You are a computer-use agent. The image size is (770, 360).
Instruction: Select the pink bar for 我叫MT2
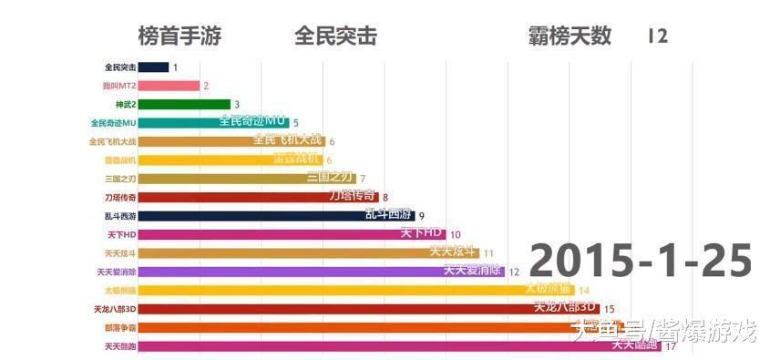pyautogui.click(x=171, y=86)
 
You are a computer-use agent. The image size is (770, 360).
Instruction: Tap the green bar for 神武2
pyautogui.click(x=187, y=104)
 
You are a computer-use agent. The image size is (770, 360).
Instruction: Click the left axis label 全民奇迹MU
pyautogui.click(x=114, y=123)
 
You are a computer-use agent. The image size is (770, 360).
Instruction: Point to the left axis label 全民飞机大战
pyautogui.click(x=112, y=141)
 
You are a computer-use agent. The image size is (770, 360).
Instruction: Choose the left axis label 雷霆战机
pyautogui.click(x=120, y=160)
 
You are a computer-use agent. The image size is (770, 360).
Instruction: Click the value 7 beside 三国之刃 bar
pyautogui.click(x=363, y=179)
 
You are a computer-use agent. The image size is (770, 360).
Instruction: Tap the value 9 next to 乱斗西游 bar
pyautogui.click(x=422, y=216)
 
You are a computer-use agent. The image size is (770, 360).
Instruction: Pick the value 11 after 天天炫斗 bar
pyautogui.click(x=489, y=253)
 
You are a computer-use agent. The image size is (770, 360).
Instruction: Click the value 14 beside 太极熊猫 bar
pyautogui.click(x=570, y=291)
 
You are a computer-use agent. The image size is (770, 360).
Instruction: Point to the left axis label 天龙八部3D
pyautogui.click(x=115, y=310)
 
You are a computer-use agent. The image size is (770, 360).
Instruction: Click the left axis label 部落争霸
pyautogui.click(x=120, y=328)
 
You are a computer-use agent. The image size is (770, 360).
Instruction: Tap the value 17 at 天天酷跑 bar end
pyautogui.click(x=670, y=346)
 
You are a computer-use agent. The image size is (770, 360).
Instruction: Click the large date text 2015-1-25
pyautogui.click(x=641, y=261)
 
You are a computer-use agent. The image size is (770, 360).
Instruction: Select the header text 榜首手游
pyautogui.click(x=180, y=36)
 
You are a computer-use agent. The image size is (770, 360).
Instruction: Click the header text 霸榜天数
pyautogui.click(x=570, y=36)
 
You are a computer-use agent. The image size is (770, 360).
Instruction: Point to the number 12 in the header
pyautogui.click(x=658, y=36)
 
